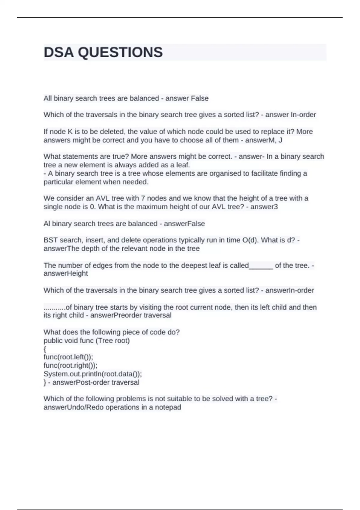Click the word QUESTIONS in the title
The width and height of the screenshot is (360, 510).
coord(120,52)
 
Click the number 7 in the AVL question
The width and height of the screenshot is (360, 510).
coord(143,198)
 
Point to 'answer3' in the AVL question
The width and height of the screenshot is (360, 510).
coord(264,207)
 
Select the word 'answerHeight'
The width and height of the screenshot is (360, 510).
coord(66,274)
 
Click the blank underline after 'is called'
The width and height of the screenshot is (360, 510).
coord(261,265)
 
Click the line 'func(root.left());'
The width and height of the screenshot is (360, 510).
coord(68,357)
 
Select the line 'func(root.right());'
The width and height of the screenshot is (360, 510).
coord(70,365)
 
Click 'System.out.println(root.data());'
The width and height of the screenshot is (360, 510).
coord(93,374)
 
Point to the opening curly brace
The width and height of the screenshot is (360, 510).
coord(45,349)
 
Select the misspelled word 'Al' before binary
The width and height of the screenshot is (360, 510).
coord(47,224)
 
